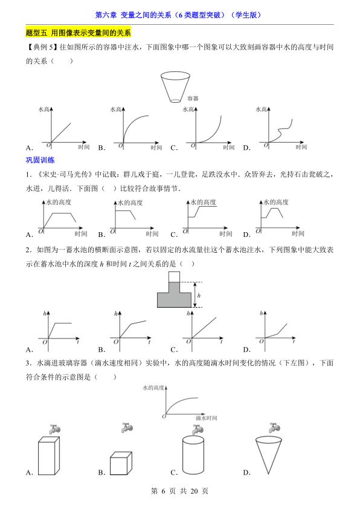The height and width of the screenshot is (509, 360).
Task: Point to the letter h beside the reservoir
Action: tap(199, 296)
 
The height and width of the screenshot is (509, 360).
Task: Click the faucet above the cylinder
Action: tap(195, 429)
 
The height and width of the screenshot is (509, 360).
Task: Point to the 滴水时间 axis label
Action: tap(207, 418)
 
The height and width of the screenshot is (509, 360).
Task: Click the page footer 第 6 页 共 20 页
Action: tap(179, 491)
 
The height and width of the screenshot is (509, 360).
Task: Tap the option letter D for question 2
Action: tap(246, 349)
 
